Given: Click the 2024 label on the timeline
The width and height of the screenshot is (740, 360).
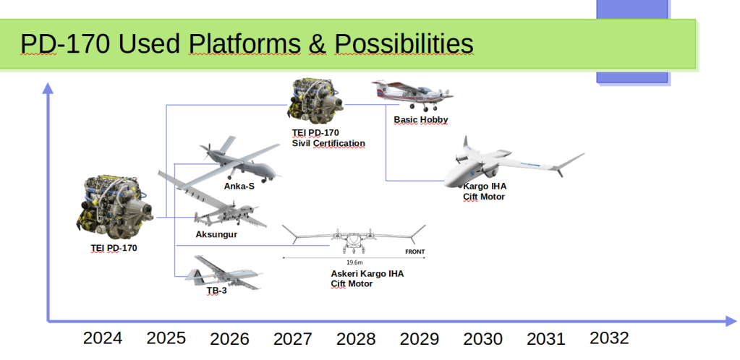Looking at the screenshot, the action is tap(103, 338).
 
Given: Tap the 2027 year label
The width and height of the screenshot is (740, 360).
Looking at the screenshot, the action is tap(293, 339).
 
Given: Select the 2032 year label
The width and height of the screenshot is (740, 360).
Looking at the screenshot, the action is tap(609, 338).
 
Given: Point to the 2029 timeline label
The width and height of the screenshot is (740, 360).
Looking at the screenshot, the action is tap(419, 339).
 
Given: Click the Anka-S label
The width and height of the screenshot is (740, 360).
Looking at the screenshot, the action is tap(239, 187).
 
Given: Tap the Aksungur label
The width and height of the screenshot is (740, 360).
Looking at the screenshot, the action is tap(216, 234).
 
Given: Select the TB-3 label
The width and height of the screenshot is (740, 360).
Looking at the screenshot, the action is tap(216, 291).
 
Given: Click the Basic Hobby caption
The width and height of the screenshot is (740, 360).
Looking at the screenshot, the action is tap(421, 120).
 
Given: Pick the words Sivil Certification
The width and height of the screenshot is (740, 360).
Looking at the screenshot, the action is tap(328, 143).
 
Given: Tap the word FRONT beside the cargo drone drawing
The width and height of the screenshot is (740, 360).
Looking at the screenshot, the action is tap(414, 252).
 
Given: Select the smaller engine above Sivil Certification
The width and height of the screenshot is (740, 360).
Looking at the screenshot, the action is tap(316, 102).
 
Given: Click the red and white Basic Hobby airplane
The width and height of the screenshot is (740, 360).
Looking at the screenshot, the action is tap(412, 95).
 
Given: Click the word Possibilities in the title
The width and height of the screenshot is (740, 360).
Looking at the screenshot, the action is tap(404, 44).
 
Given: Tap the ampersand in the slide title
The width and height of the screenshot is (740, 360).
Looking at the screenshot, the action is tap(317, 44).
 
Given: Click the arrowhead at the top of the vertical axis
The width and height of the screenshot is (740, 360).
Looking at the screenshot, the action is tap(48, 88).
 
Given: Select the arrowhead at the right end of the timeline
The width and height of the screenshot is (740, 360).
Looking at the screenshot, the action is tap(731, 322).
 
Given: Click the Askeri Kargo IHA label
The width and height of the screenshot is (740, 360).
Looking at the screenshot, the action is tap(367, 274).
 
